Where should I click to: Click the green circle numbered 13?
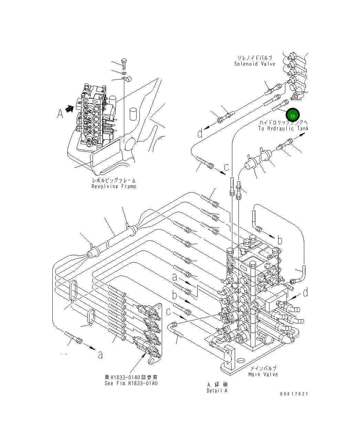293,115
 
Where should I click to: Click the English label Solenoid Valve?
255,64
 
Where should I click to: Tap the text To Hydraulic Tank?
283,128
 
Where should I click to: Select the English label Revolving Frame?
114,186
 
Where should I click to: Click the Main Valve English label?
263,374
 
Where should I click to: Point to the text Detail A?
217,391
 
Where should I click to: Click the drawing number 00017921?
294,394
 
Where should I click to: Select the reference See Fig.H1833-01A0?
131,383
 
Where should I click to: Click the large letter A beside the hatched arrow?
60,113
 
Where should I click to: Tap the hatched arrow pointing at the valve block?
70,109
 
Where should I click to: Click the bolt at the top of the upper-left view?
125,63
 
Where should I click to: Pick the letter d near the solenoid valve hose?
200,133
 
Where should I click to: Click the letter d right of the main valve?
305,293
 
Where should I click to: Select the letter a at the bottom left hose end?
100,355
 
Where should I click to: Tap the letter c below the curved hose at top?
226,167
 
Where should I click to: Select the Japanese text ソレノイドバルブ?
255,58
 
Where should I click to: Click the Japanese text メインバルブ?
263,368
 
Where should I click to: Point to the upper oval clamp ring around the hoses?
73,291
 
